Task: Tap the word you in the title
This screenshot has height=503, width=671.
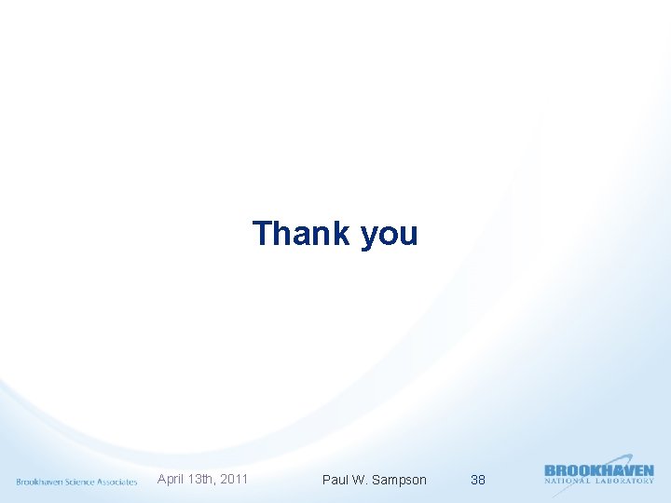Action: [x=389, y=235]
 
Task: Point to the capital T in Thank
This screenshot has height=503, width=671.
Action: [x=263, y=233]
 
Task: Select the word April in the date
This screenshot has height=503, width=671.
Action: [x=171, y=479]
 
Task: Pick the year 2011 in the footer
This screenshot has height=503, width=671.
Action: [x=235, y=479]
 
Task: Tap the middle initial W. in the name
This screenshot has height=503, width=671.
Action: [x=360, y=480]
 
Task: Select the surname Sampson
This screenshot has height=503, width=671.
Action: [x=399, y=480]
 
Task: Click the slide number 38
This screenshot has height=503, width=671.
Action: [x=478, y=480]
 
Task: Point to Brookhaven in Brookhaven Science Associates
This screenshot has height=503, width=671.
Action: [x=39, y=482]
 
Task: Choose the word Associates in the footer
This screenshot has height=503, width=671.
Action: [x=117, y=482]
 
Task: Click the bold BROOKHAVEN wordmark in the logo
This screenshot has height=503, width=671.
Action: [x=598, y=471]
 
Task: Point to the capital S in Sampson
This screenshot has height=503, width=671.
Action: [x=377, y=480]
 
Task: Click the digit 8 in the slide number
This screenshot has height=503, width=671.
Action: [x=482, y=480]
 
